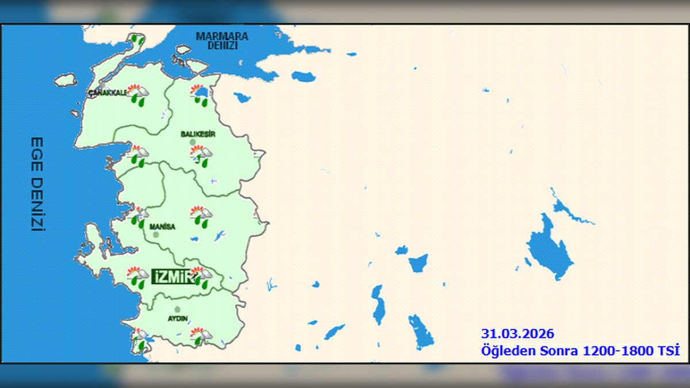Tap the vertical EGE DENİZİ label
[x=37, y=184]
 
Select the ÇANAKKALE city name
[x=108, y=93]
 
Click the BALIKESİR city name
[x=198, y=134]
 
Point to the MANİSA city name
[x=162, y=227]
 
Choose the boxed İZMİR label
[x=171, y=277]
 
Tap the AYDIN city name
[x=178, y=318]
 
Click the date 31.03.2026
[x=517, y=334]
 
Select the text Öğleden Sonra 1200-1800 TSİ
[x=580, y=350]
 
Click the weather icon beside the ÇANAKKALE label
[x=137, y=94]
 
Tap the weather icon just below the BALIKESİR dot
[x=201, y=156]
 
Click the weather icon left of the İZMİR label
[x=137, y=276]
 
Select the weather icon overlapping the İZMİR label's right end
[x=201, y=276]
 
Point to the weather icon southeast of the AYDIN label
[x=201, y=336]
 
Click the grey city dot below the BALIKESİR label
[x=193, y=142]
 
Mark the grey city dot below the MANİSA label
[x=156, y=235]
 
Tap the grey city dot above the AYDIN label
[x=177, y=309]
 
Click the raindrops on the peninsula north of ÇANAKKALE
[x=136, y=40]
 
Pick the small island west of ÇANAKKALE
[x=66, y=80]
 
